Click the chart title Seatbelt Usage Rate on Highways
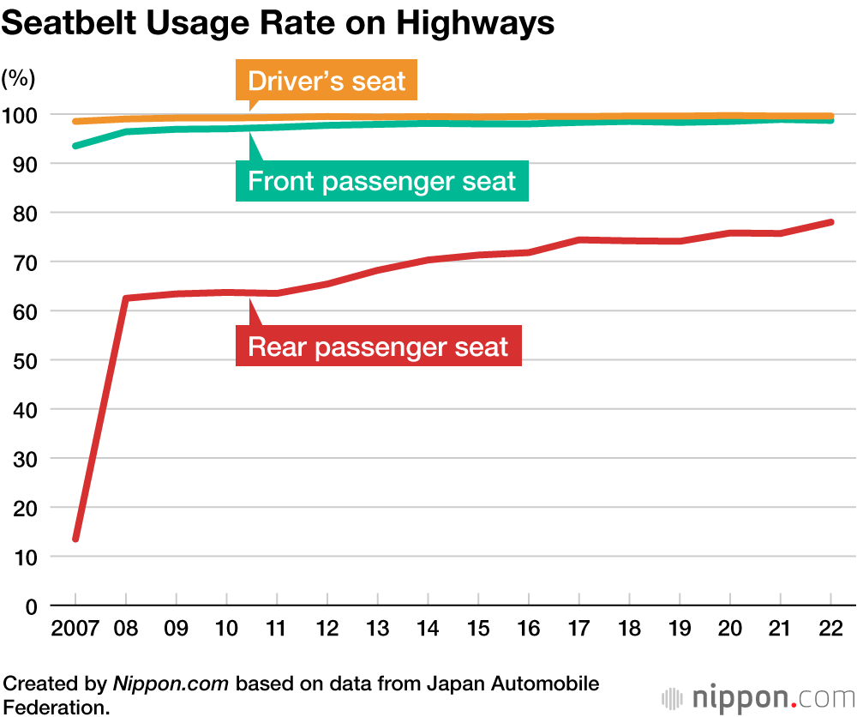tap(278, 23)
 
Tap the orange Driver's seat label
tap(327, 81)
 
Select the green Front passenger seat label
tap(381, 181)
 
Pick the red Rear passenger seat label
tap(378, 346)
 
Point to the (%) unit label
tap(18, 79)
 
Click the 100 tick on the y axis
tap(18, 115)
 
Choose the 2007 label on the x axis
tap(75, 630)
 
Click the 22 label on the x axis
tap(830, 630)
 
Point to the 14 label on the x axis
tap(428, 630)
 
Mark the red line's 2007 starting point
tap(75, 539)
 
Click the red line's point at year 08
tap(126, 298)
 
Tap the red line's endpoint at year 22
tap(830, 222)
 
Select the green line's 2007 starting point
tap(75, 146)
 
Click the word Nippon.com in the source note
tap(171, 684)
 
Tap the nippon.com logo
tap(758, 696)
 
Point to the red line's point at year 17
tap(578, 239)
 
